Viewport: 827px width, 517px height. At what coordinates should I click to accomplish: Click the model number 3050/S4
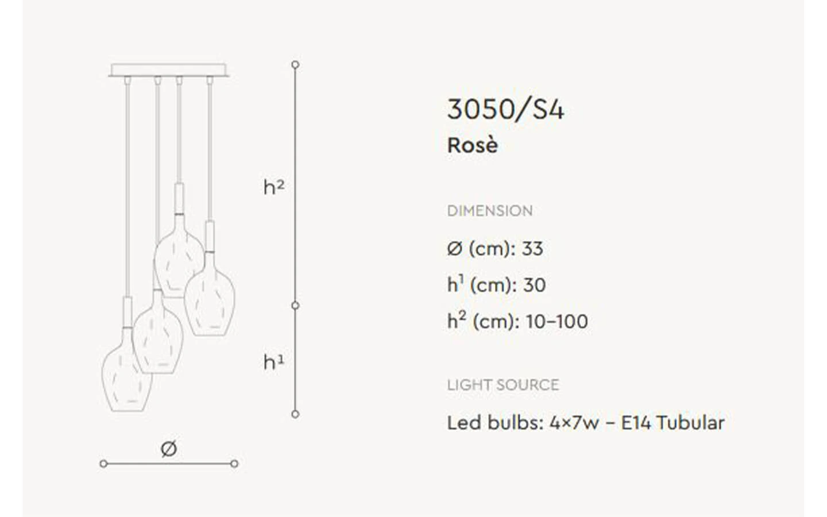(x=505, y=110)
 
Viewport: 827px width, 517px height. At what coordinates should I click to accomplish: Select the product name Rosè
(x=473, y=145)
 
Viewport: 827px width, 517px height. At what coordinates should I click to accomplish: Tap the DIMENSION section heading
(x=490, y=211)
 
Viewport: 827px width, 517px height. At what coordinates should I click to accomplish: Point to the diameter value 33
(x=532, y=249)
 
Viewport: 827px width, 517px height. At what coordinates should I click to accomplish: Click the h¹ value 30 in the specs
(x=534, y=285)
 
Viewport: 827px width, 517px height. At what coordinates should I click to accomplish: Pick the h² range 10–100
(x=557, y=322)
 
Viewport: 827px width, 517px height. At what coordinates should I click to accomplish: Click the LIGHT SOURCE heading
(x=503, y=385)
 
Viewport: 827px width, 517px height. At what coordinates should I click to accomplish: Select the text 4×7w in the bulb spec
(x=574, y=423)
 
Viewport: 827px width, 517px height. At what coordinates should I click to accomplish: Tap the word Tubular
(x=690, y=423)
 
